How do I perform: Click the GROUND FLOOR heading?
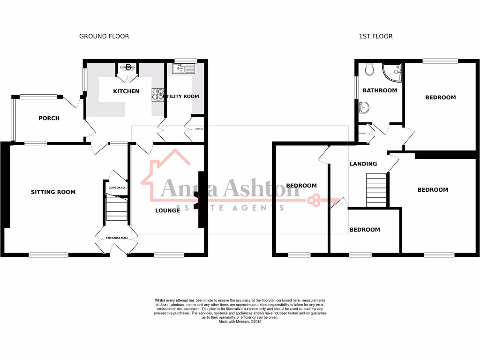click(x=104, y=36)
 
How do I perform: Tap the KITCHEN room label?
click(x=126, y=91)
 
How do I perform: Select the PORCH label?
click(x=49, y=118)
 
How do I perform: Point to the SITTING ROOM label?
click(x=53, y=192)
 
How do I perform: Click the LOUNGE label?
click(x=167, y=210)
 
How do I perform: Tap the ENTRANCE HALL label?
click(x=117, y=238)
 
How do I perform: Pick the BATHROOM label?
click(x=380, y=90)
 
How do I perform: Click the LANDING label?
click(x=363, y=164)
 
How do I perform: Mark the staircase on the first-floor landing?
click(x=376, y=189)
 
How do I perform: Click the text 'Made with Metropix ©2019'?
click(x=240, y=322)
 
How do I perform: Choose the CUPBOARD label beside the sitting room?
click(x=117, y=188)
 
